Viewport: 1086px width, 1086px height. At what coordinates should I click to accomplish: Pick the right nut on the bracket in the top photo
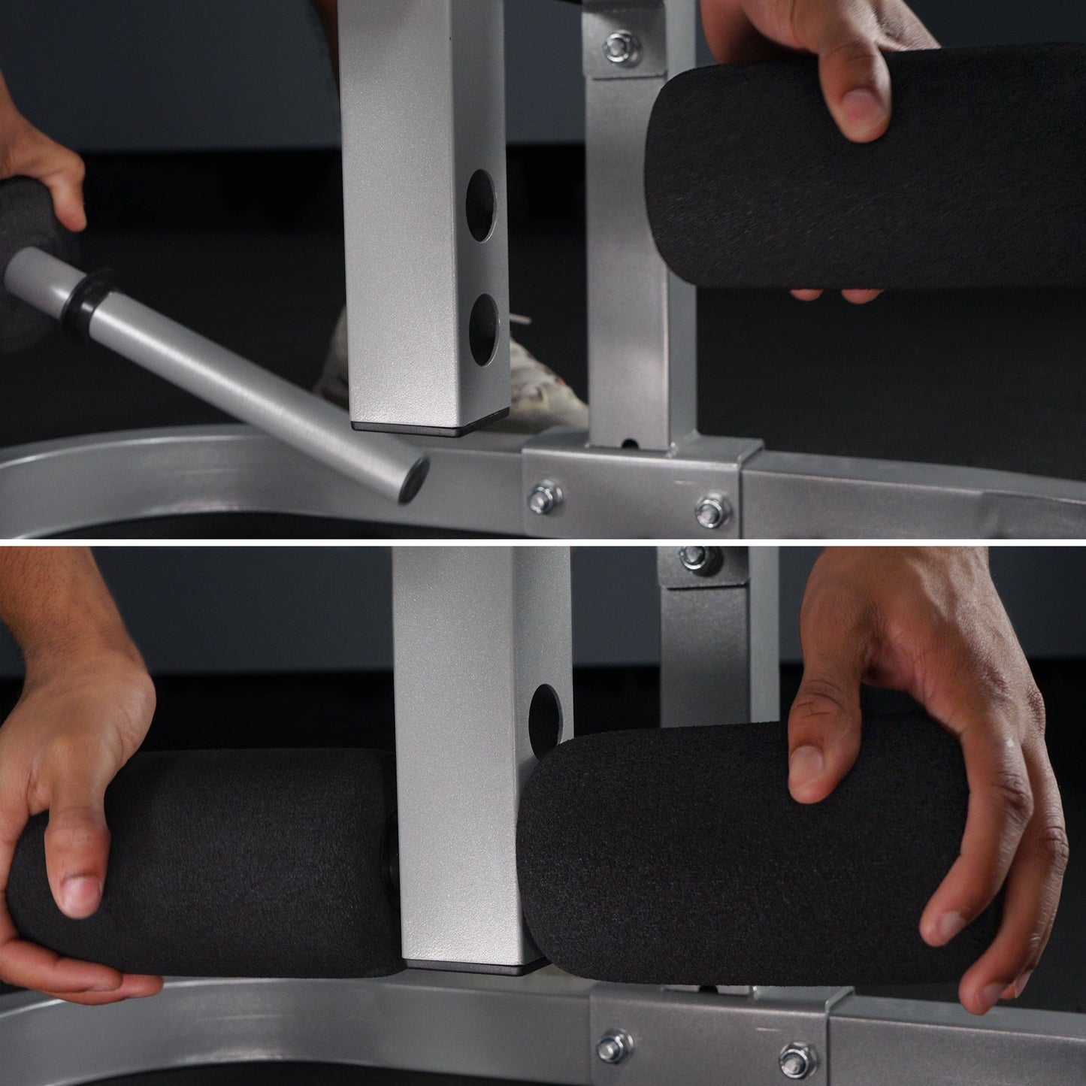click(709, 511)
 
